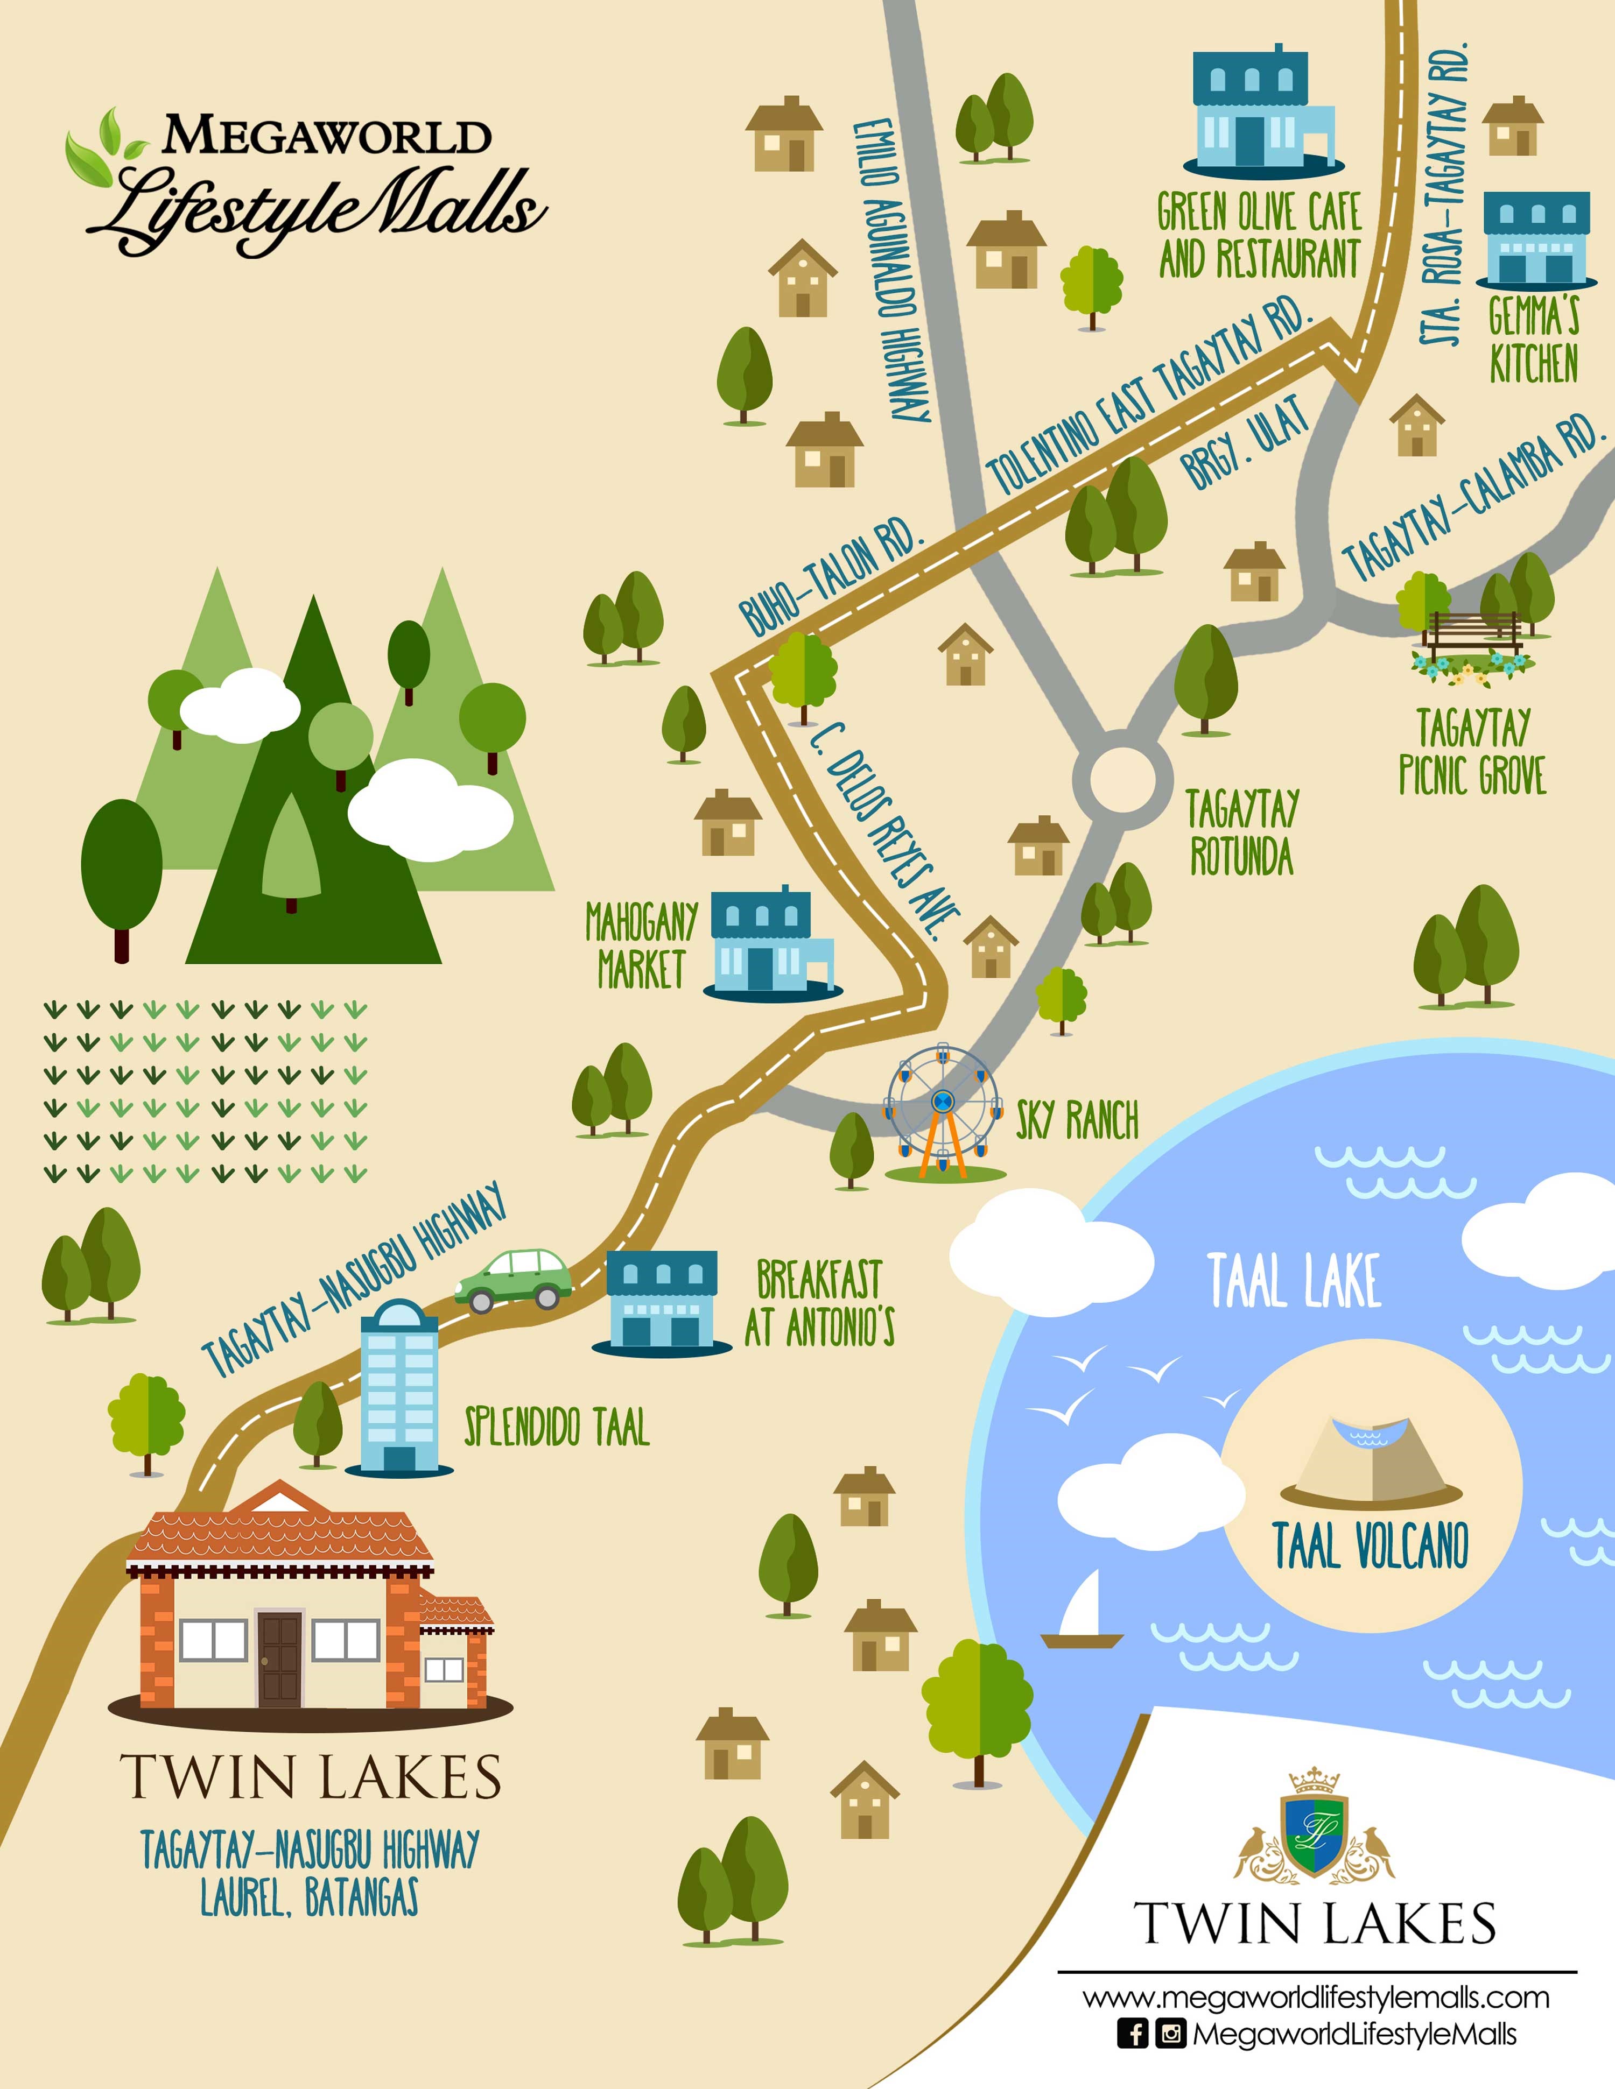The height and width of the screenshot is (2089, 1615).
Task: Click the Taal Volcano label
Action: click(x=1370, y=1547)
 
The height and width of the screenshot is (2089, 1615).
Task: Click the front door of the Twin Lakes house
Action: click(x=279, y=1660)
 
